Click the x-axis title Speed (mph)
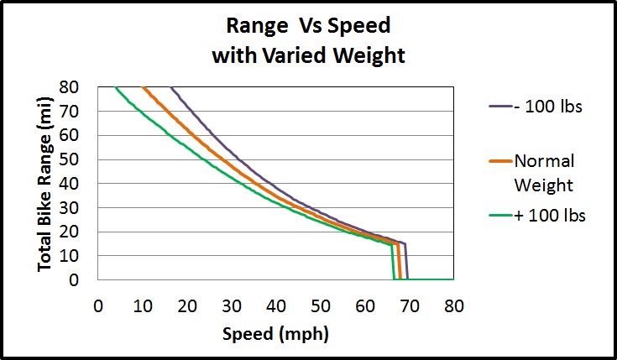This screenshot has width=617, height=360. pyautogui.click(x=275, y=334)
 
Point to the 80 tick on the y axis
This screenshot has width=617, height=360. pyautogui.click(x=81, y=86)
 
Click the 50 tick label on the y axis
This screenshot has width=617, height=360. pyautogui.click(x=81, y=159)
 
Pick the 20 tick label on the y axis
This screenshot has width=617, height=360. pyautogui.click(x=81, y=232)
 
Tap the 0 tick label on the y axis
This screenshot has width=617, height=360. pyautogui.click(x=86, y=280)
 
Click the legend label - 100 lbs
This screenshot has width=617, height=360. pyautogui.click(x=548, y=107)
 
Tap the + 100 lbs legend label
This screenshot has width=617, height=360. pyautogui.click(x=549, y=215)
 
